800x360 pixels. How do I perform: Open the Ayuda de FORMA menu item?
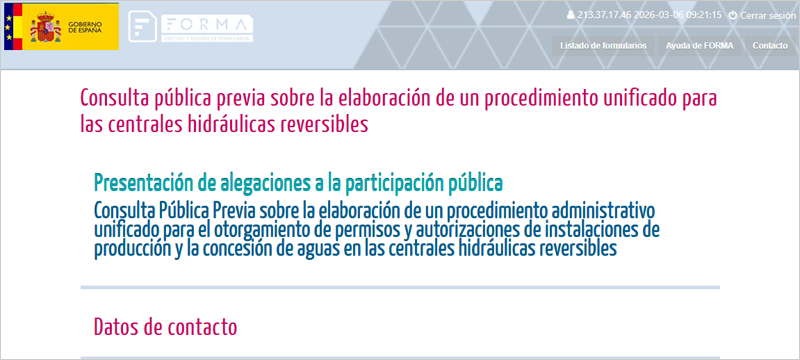point(699,46)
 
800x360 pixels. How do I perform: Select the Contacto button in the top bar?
point(769,46)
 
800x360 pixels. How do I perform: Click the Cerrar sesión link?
point(768,16)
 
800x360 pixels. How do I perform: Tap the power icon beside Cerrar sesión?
point(733,16)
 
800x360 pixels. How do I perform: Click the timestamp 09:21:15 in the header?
point(702,16)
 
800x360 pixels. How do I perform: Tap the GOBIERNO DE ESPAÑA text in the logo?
point(90,27)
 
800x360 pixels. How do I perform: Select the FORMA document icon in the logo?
point(143,26)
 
